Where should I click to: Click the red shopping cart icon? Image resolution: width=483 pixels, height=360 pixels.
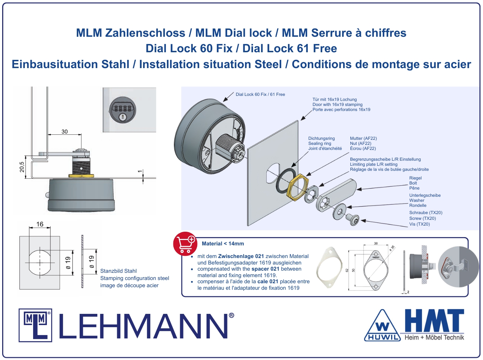(185, 244)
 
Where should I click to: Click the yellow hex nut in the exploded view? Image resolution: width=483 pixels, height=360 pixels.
(298, 187)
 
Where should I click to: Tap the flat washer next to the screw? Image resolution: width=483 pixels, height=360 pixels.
(339, 212)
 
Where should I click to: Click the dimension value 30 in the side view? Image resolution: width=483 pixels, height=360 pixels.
(65, 132)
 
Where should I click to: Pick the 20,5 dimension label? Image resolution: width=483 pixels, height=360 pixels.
(22, 167)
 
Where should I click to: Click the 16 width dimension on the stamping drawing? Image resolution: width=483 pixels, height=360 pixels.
(40, 224)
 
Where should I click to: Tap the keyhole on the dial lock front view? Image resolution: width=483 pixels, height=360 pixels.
(123, 117)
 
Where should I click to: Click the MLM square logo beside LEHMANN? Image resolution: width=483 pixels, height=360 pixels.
(35, 325)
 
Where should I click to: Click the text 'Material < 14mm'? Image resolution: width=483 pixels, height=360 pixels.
(223, 244)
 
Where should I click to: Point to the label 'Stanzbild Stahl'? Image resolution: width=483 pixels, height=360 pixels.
(118, 271)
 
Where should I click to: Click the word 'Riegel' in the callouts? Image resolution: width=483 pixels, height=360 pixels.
(416, 178)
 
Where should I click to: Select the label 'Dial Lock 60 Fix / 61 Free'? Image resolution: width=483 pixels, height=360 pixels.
(260, 94)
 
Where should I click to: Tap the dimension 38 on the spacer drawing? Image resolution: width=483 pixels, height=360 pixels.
(376, 243)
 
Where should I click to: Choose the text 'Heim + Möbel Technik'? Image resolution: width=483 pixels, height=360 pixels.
(434, 337)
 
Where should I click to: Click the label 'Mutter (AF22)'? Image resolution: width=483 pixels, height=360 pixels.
(363, 138)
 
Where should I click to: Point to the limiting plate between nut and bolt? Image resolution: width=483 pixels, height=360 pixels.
(311, 194)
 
